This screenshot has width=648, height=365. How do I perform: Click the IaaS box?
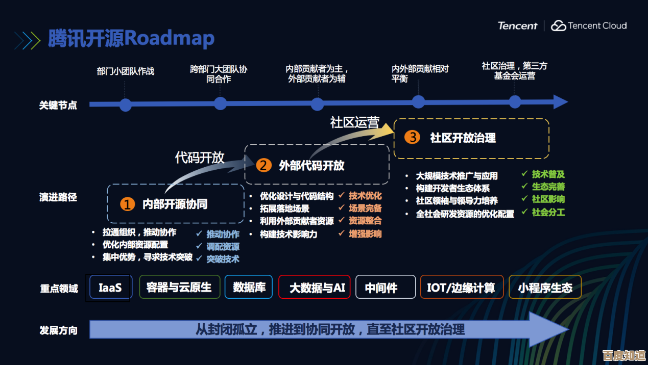tap(110, 287)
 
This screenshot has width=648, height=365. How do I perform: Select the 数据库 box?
tap(249, 287)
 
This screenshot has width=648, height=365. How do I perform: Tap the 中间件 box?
tap(381, 288)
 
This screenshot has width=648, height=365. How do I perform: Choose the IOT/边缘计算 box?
tap(461, 288)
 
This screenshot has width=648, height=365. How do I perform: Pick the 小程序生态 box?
tap(545, 288)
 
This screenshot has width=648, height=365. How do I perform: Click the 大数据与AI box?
tap(317, 288)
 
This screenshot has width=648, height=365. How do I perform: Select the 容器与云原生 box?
tap(179, 287)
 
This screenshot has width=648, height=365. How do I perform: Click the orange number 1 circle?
tap(127, 204)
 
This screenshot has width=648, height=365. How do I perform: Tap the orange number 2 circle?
tap(263, 165)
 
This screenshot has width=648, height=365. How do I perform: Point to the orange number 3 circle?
tap(412, 137)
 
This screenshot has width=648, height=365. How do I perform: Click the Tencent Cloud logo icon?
tap(559, 25)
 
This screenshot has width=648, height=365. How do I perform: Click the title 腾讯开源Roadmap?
tap(131, 39)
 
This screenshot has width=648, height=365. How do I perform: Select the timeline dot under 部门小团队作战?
tap(125, 105)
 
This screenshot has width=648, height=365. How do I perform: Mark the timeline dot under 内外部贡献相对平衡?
tap(418, 102)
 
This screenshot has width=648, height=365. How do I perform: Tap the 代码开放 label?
tap(200, 158)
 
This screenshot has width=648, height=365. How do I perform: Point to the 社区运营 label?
tap(354, 122)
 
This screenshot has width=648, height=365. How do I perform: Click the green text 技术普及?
tap(548, 174)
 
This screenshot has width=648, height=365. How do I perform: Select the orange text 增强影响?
tap(365, 233)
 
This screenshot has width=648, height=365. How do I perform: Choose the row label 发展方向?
tap(59, 330)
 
